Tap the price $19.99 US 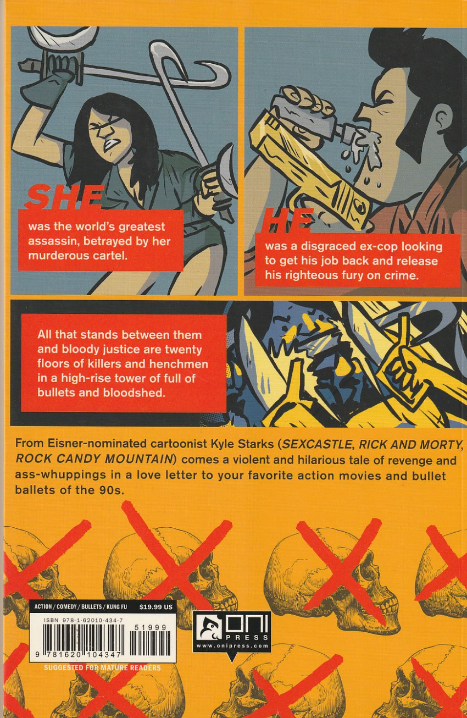pos(156,607)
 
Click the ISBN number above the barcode pos(84,621)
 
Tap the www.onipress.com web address pos(232,646)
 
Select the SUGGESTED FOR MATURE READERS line pos(102,667)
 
